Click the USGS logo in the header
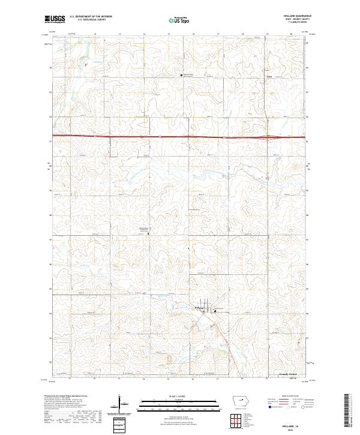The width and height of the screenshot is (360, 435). click(55, 19)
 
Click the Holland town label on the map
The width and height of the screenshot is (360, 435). click(200, 308)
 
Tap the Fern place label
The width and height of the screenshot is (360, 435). click(269, 77)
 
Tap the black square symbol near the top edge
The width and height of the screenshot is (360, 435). click(182, 75)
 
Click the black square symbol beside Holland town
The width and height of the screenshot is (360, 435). click(215, 310)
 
